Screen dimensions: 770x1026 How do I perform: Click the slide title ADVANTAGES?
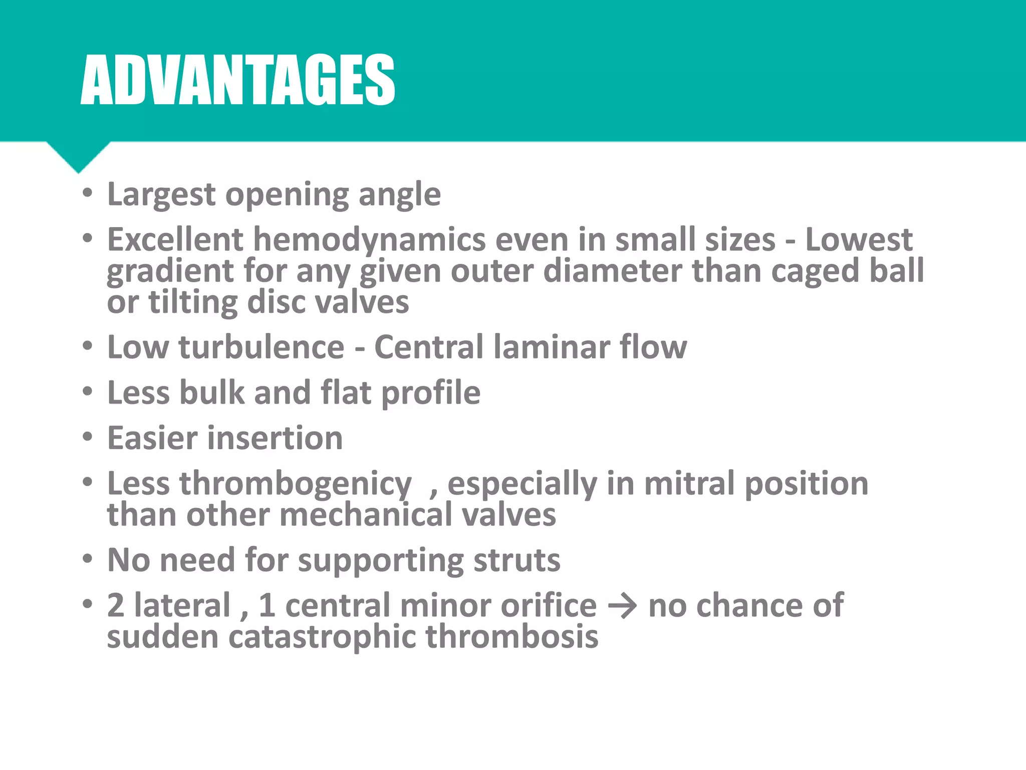tap(237, 80)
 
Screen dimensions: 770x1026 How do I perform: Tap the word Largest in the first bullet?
tap(161, 195)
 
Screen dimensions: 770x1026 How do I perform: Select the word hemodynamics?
tap(369, 240)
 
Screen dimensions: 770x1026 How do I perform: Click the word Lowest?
tap(859, 240)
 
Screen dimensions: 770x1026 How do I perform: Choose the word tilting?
tap(193, 303)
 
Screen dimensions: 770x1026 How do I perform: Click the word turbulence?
tap(261, 347)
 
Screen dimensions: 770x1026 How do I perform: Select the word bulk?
tap(211, 393)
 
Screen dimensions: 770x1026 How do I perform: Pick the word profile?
tap(430, 394)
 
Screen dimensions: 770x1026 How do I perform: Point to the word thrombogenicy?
tap(296, 485)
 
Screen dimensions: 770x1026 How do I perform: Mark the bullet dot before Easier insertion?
tap(88, 437)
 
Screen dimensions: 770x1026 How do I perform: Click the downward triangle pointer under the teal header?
tap(79, 157)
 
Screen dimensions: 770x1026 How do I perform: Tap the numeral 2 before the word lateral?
tap(116, 606)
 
